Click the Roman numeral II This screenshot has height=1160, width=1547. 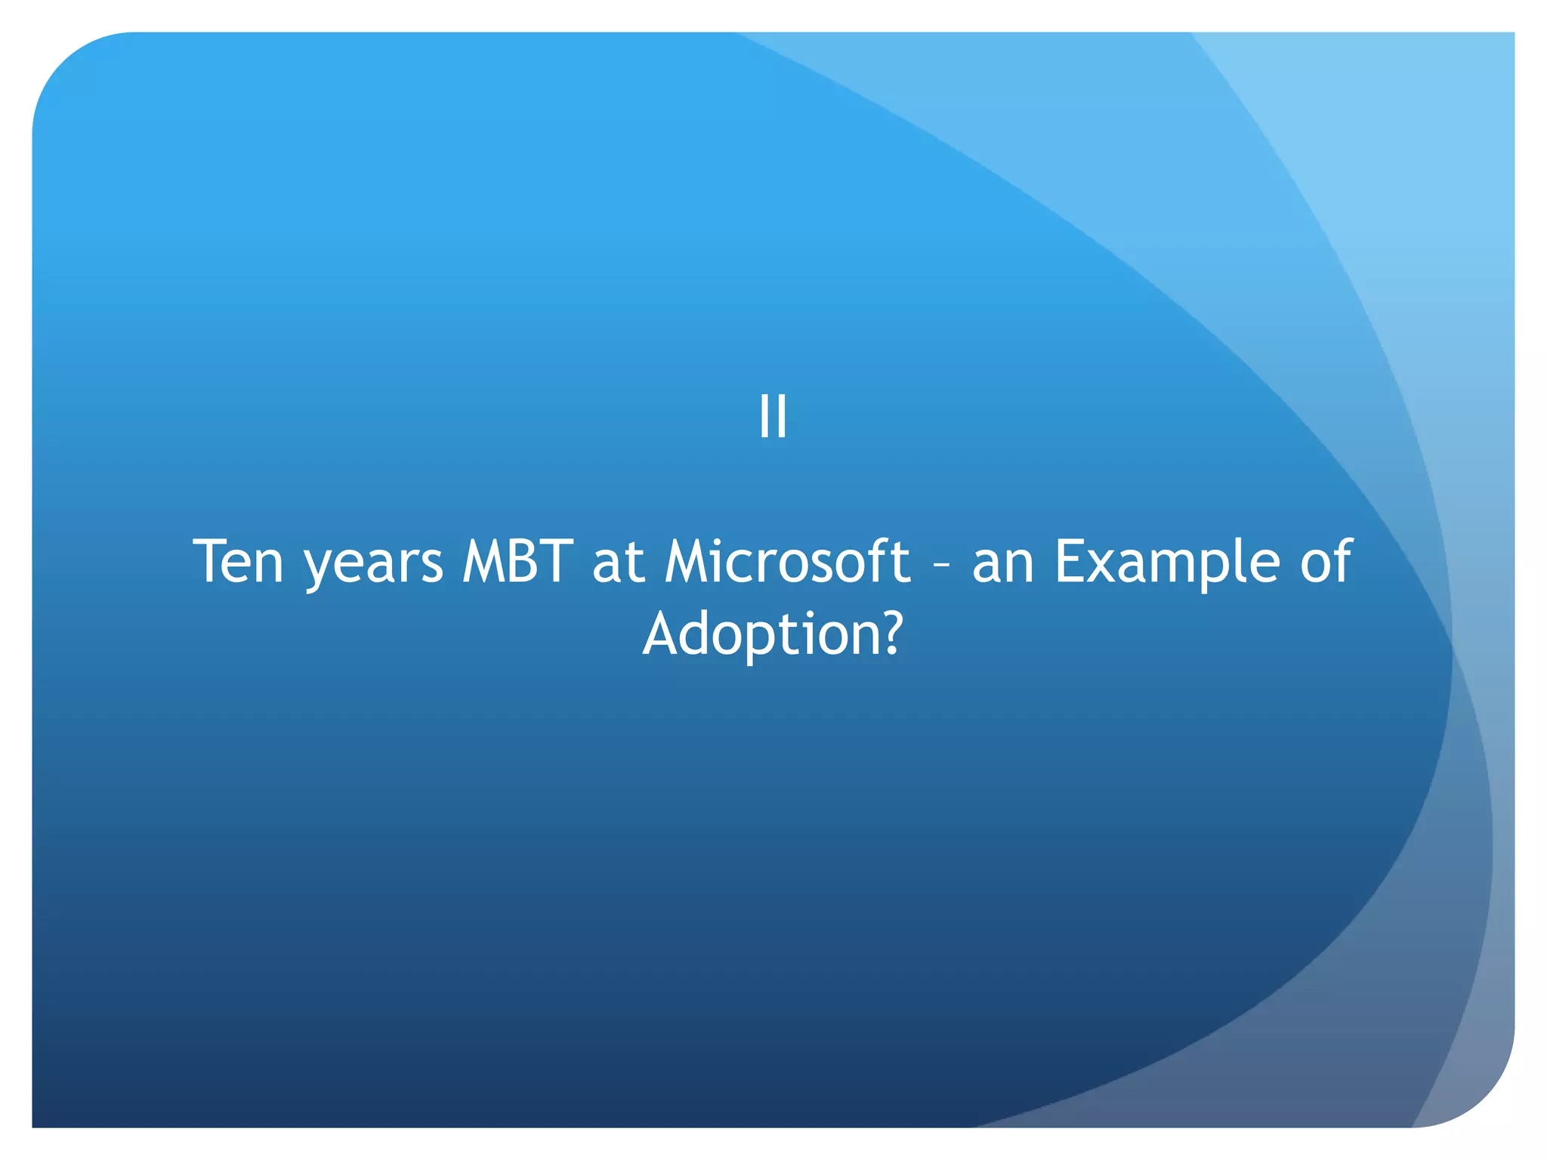(x=773, y=416)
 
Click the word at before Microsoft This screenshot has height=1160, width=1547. (x=618, y=563)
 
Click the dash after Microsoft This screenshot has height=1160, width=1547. (x=941, y=566)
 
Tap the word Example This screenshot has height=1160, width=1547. (x=1168, y=563)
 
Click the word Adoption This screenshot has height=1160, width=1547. (x=760, y=634)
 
